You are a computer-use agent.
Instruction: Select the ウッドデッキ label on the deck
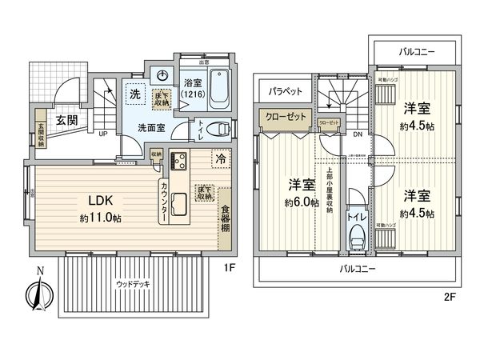click(x=132, y=283)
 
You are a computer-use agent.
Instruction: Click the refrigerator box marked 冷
click(x=218, y=158)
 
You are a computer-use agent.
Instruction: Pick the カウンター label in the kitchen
click(x=164, y=202)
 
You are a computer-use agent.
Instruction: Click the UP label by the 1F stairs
click(x=103, y=134)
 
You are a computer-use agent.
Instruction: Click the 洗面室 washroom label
click(x=150, y=126)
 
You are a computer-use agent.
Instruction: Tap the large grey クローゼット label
click(x=286, y=117)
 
